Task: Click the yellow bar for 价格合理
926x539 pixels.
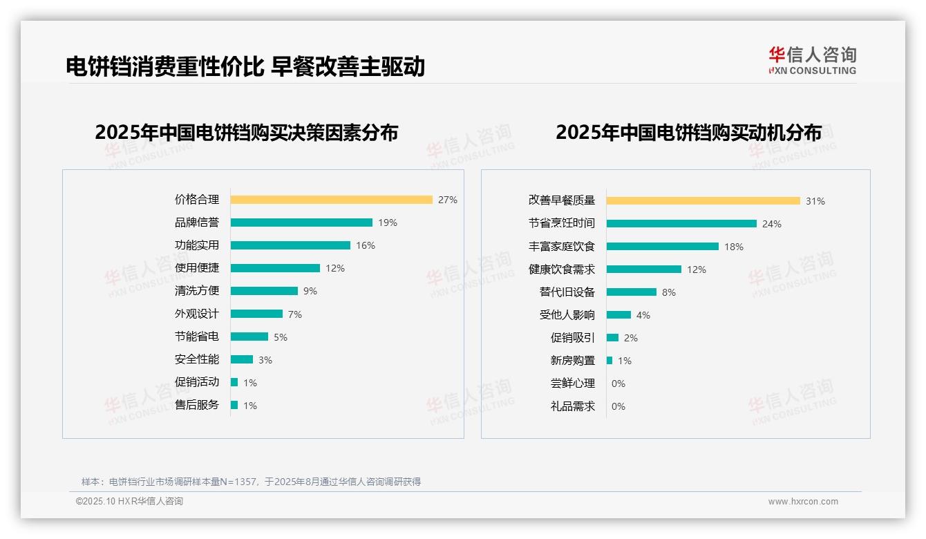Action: click(331, 200)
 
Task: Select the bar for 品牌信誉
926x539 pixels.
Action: click(301, 223)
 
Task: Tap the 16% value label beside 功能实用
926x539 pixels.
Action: click(366, 245)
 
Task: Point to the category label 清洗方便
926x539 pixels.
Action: click(196, 291)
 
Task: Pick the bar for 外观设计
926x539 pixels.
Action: click(256, 314)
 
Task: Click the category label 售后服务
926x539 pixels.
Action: click(196, 405)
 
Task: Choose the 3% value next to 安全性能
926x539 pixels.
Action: click(265, 359)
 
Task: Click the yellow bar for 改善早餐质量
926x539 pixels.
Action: click(703, 200)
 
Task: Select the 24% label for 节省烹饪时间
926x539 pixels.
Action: click(771, 224)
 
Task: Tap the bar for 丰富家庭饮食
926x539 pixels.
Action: click(662, 247)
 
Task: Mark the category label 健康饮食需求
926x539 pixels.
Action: click(561, 269)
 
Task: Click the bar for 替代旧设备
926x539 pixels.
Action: click(631, 292)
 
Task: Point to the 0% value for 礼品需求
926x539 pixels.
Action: click(618, 406)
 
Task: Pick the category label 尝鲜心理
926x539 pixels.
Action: click(572, 384)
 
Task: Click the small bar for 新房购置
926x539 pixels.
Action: click(610, 361)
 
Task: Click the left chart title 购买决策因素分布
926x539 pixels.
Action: click(246, 133)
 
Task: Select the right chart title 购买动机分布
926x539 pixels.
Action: click(688, 133)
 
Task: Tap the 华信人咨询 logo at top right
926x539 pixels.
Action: click(812, 60)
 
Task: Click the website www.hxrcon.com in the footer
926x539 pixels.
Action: click(803, 502)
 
